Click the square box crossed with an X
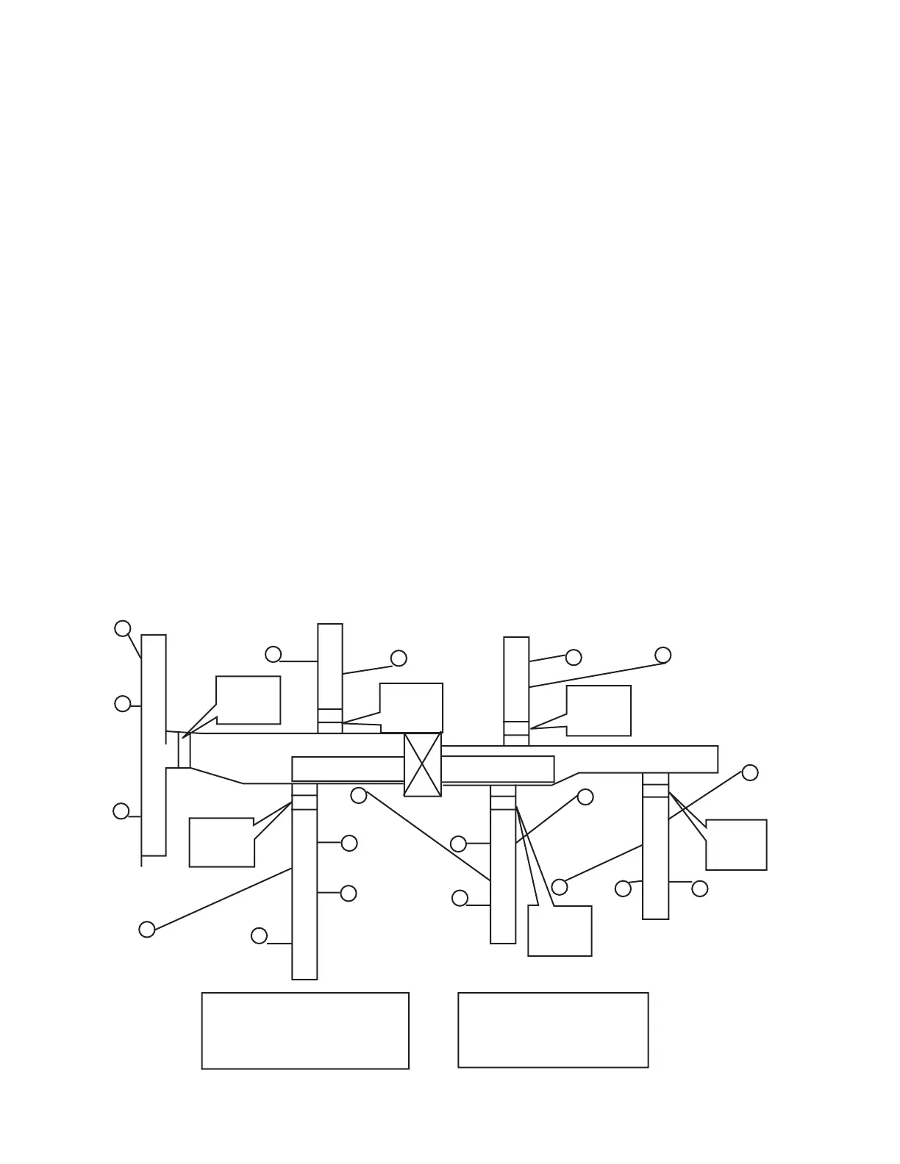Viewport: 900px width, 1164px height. (423, 764)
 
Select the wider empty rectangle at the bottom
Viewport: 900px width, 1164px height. (305, 1030)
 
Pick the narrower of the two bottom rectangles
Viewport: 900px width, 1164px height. (553, 1030)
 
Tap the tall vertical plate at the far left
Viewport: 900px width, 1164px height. (154, 744)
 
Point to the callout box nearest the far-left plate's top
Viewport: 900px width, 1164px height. (248, 700)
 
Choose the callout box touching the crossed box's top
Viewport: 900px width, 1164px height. (411, 707)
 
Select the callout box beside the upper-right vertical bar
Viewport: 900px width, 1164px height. (599, 710)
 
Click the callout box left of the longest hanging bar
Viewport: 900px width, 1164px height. (221, 842)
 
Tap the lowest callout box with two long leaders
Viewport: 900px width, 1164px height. (560, 930)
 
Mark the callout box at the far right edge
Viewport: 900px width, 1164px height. (736, 844)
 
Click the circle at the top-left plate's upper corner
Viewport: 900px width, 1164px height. (123, 628)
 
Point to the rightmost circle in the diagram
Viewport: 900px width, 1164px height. (750, 772)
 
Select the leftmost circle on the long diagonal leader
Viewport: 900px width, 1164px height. (147, 930)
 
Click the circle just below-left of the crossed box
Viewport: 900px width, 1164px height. (359, 795)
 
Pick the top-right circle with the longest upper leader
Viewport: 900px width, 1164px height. (662, 655)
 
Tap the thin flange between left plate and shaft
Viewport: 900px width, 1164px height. (185, 750)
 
